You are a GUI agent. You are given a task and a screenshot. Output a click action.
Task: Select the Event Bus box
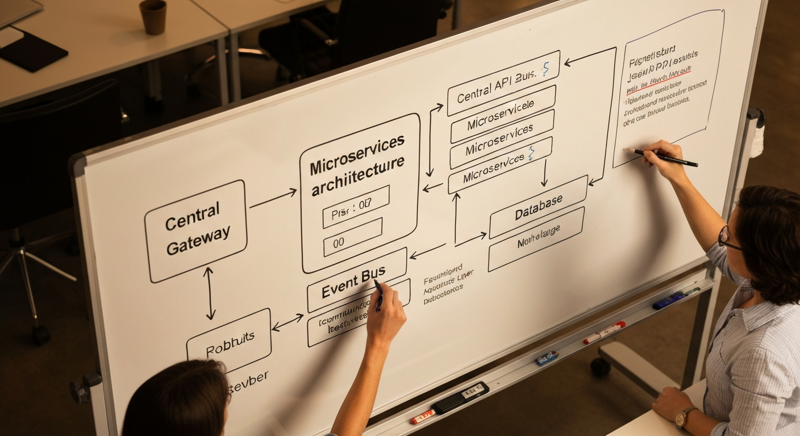click(357, 279)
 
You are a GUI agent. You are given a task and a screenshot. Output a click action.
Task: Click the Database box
click(537, 207)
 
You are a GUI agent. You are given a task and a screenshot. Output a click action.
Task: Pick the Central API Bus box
click(503, 83)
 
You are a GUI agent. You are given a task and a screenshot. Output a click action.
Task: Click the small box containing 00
click(352, 237)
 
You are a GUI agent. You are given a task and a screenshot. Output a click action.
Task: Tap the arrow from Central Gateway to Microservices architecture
click(273, 198)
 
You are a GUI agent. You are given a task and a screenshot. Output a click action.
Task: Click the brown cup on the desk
click(152, 16)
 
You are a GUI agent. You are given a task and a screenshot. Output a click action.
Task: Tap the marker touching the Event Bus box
click(378, 294)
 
